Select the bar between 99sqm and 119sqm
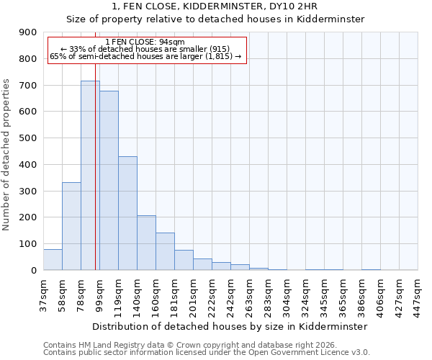[109, 180]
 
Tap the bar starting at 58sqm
[71, 226]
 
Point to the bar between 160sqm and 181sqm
[165, 251]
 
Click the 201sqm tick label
[193, 294]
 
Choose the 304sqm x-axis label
[287, 294]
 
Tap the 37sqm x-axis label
[43, 294]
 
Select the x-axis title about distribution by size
[230, 326]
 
